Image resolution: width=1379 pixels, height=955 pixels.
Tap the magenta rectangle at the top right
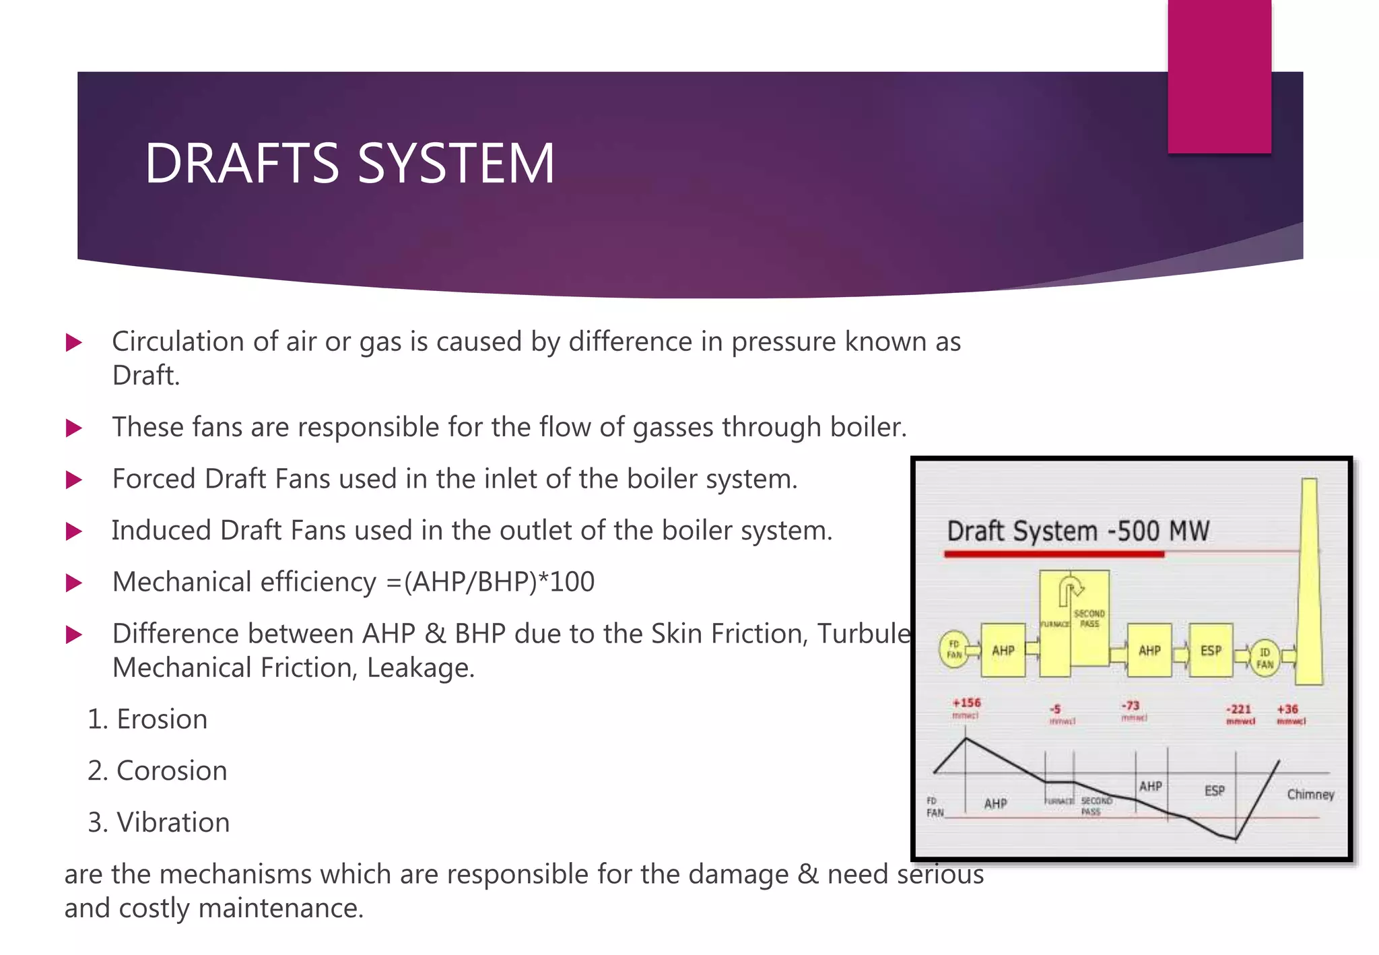pos(1219,76)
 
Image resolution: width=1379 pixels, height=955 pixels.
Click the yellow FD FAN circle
pos(954,649)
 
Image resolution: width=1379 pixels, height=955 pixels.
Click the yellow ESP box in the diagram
pos(1211,650)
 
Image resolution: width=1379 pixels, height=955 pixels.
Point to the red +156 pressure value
pos(966,703)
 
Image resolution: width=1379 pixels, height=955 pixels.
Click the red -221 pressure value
pos(1239,709)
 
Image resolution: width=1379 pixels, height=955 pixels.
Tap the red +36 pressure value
pos(1287,709)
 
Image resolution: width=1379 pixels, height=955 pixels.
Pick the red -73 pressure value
pos(1131,705)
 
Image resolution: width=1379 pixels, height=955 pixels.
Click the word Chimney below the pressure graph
pos(1310,795)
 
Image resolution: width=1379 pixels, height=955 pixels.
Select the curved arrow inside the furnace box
pos(1070,589)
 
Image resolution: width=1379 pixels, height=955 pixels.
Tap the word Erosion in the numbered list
pos(162,719)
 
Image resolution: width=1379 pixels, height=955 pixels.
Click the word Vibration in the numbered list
pos(173,822)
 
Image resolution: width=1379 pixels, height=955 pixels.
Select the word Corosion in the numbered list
pos(172,770)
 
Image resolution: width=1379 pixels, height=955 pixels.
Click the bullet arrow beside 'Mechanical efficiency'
pos(74,583)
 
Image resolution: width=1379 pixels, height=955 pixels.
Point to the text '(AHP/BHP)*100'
pos(499,582)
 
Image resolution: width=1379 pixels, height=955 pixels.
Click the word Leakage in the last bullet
pos(421,668)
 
